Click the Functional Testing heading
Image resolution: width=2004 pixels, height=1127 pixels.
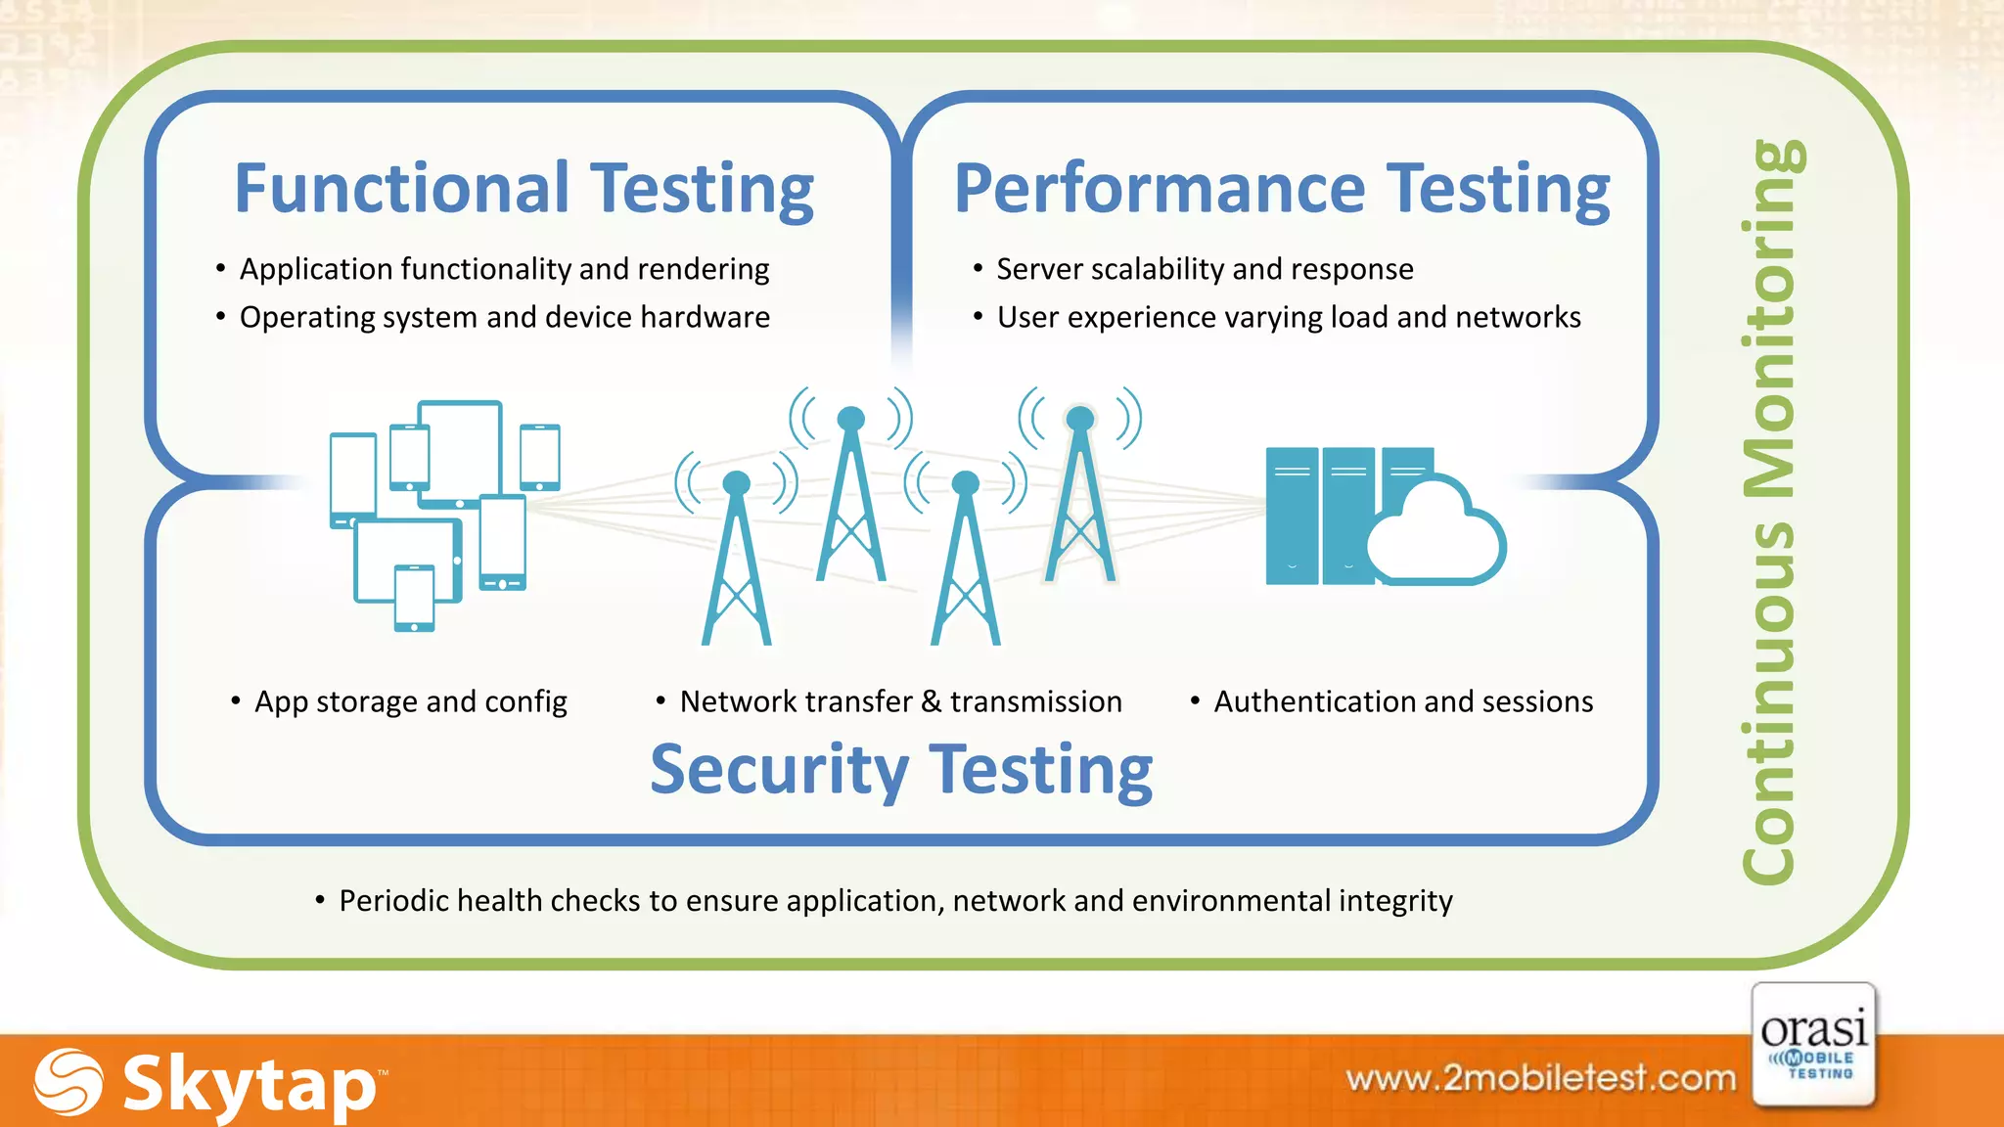pos(524,189)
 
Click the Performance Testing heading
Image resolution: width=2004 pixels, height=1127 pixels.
pos(1282,189)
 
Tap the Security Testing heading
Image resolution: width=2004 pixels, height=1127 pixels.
pos(901,770)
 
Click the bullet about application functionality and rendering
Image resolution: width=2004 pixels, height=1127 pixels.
pos(504,269)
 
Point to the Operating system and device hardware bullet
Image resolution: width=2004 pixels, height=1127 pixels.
pos(504,317)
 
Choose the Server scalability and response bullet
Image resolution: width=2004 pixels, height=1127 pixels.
pos(1204,269)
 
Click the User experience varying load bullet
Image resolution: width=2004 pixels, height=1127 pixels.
pos(1288,317)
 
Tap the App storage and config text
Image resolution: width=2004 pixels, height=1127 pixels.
pos(410,701)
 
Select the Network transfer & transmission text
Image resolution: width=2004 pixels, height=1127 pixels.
pos(900,701)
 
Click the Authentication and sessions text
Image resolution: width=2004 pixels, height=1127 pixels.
pos(1402,701)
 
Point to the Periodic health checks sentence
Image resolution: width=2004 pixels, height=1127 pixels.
pos(894,900)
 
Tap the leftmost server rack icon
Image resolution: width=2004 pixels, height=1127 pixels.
pos(1291,516)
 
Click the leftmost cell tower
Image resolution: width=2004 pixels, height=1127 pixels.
pos(736,563)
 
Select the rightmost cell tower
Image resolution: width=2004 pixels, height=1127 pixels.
pos(1079,499)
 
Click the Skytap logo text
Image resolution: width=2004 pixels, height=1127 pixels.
pos(250,1084)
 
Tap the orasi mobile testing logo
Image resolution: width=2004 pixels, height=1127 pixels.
pos(1814,1045)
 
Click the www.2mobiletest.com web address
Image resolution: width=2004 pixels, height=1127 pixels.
pos(1540,1078)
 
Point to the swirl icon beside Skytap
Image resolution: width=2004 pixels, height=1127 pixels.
pos(68,1082)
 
